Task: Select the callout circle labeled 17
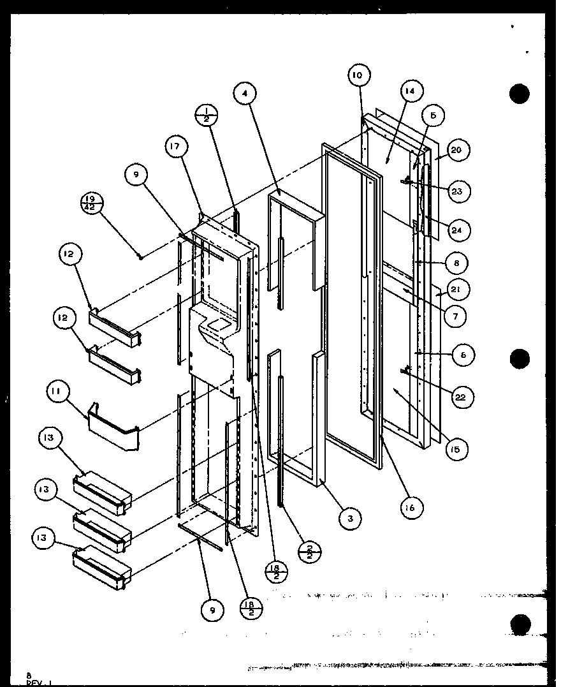(177, 147)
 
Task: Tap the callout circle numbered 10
(358, 75)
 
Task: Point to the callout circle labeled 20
(458, 151)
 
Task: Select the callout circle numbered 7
(455, 316)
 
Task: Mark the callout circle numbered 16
(409, 508)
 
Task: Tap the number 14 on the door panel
(409, 91)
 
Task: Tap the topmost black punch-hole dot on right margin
(520, 94)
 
